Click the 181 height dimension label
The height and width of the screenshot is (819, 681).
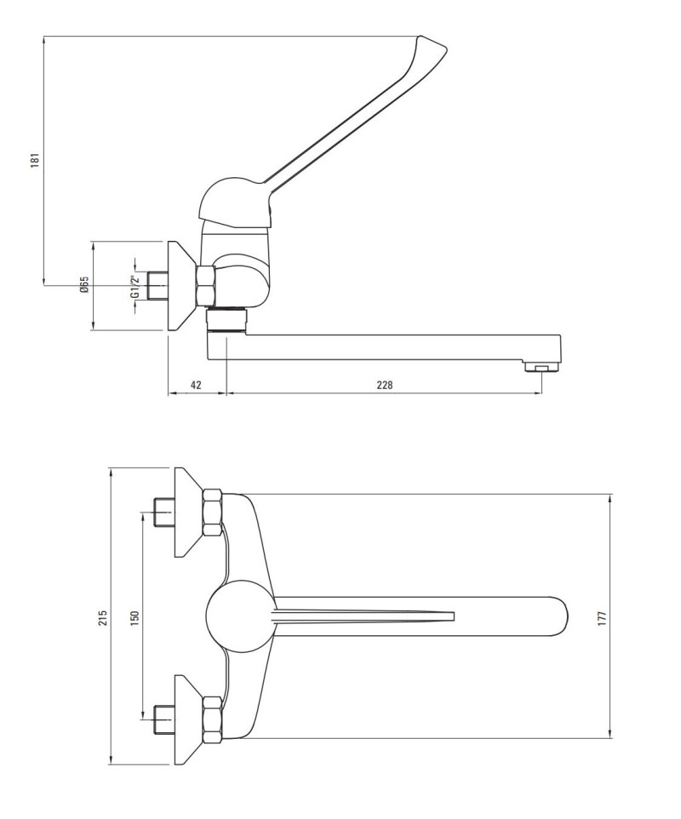pos(34,161)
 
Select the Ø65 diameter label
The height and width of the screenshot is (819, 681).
pos(84,285)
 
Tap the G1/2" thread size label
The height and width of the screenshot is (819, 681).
pos(134,286)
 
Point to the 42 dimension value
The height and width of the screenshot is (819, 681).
pos(196,385)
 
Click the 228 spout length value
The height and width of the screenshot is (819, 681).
pos(385,385)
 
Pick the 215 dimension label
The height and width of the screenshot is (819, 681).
pos(102,617)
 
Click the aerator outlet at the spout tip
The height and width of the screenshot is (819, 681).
pos(541,369)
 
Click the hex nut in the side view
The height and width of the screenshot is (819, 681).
pos(206,286)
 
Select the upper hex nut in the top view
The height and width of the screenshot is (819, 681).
pos(213,513)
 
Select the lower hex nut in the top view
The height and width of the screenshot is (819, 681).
pos(213,719)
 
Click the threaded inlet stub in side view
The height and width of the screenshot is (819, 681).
pos(157,286)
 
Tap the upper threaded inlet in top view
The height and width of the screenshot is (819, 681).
pos(163,513)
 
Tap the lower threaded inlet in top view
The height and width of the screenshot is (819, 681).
pos(163,719)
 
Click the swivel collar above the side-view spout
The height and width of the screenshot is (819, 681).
pos(226,320)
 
